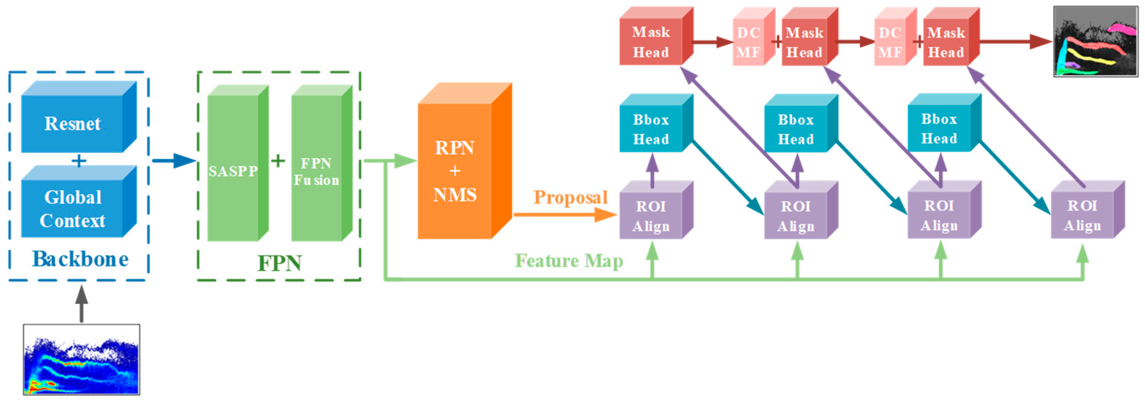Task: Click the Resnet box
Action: point(72,123)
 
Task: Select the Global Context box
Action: point(72,209)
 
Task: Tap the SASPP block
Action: point(233,171)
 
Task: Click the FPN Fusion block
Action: point(317,171)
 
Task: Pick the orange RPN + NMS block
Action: point(455,171)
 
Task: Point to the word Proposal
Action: point(570,197)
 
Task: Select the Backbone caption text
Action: point(80,259)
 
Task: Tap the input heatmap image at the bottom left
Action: point(81,359)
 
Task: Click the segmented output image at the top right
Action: point(1095,41)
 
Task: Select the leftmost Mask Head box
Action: point(651,42)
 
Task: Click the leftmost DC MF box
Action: point(748,43)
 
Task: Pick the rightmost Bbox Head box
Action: point(939,129)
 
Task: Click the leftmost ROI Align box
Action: point(651,216)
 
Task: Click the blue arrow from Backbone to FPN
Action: point(174,160)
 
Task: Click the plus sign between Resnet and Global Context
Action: point(79,160)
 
